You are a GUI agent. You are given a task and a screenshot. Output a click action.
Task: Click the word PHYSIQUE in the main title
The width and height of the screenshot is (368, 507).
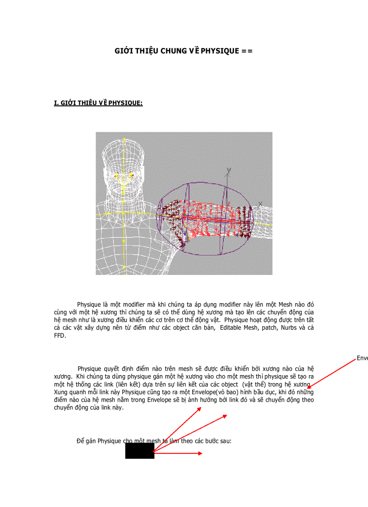[220, 51]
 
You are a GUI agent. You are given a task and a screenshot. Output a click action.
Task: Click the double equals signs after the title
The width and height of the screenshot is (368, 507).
[247, 51]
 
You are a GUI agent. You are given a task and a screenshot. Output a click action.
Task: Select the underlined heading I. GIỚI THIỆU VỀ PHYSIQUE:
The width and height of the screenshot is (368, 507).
[98, 103]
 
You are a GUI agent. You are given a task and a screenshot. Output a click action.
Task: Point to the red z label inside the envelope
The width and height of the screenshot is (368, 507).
[229, 204]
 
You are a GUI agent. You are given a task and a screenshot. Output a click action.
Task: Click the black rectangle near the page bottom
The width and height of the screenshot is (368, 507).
[139, 451]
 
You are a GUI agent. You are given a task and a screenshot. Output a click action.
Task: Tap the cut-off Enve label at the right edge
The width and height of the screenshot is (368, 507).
[362, 358]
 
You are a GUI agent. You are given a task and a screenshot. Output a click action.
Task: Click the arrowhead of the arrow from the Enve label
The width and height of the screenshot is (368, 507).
[309, 388]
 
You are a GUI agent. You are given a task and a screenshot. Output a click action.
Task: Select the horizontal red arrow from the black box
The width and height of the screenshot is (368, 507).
[178, 453]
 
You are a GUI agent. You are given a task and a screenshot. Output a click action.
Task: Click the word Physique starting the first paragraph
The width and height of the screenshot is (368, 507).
[89, 304]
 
